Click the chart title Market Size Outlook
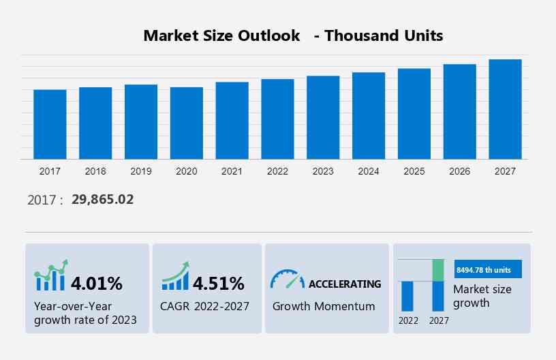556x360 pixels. (x=221, y=35)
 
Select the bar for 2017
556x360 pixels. (x=50, y=124)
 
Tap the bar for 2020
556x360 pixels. (x=187, y=123)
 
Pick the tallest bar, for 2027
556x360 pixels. (x=505, y=109)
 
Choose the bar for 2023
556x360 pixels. (x=323, y=117)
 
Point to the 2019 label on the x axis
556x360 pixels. (x=141, y=171)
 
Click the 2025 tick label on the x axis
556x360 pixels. (x=414, y=171)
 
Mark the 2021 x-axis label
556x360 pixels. (x=232, y=171)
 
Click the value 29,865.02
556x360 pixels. (x=102, y=200)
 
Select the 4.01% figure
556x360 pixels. (x=97, y=282)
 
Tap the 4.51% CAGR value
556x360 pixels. (x=219, y=282)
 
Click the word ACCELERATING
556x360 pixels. (x=345, y=284)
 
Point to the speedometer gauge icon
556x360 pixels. (x=287, y=279)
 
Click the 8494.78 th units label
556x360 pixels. (x=484, y=270)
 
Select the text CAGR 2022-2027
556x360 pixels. (x=205, y=306)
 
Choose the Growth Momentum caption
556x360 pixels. (x=324, y=306)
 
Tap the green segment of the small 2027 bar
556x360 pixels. (x=438, y=270)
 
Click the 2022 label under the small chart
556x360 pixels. (x=408, y=320)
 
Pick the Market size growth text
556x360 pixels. (x=482, y=296)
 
